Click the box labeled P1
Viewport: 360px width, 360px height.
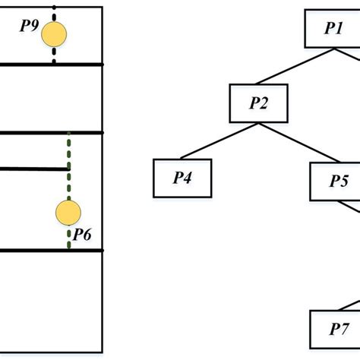click(x=331, y=29)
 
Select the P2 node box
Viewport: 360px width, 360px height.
click(x=259, y=103)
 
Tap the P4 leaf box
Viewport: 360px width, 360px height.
click(x=182, y=178)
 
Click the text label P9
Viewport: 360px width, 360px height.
click(x=29, y=27)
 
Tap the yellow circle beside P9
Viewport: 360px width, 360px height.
click(x=54, y=35)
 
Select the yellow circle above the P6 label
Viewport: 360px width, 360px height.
click(x=68, y=213)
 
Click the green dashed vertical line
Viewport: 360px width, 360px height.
click(x=69, y=152)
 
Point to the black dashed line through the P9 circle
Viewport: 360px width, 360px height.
click(x=54, y=55)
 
